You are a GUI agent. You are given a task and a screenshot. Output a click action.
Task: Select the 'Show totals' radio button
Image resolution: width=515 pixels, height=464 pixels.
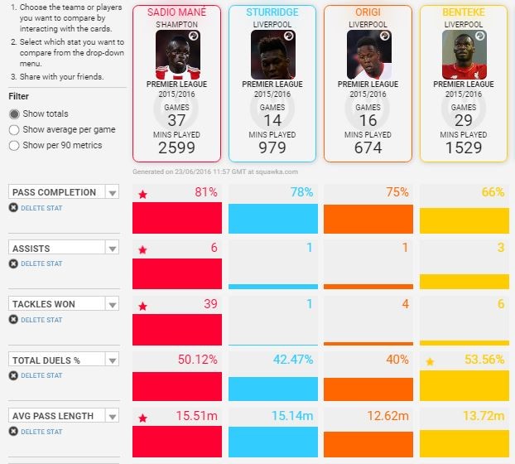coord(14,114)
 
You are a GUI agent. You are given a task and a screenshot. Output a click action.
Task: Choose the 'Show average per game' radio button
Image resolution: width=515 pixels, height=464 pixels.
coord(14,130)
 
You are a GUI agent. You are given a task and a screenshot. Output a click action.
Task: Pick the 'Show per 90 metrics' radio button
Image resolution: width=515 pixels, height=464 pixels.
coord(14,146)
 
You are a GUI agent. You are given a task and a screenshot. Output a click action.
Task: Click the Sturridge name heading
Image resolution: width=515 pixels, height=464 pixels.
coord(272,12)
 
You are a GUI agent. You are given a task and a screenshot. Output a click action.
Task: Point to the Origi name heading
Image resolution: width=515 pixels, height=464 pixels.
coord(368,12)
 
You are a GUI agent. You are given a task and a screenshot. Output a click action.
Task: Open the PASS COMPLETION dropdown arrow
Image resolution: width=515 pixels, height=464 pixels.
coord(113,192)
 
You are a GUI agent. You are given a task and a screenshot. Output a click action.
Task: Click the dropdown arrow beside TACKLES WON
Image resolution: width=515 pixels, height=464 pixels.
coord(113,304)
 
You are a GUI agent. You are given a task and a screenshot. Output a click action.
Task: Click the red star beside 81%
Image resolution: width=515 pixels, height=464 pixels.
coord(142,195)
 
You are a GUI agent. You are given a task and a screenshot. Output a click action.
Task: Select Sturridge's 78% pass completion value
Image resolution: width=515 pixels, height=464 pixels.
coord(301,192)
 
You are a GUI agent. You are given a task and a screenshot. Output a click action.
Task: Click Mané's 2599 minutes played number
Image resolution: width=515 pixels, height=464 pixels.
coord(176,147)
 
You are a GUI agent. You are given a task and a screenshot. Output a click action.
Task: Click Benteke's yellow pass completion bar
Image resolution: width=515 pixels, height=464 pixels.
coord(464,220)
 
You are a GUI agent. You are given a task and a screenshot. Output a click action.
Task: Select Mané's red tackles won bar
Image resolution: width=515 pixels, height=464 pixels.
coord(177,329)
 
